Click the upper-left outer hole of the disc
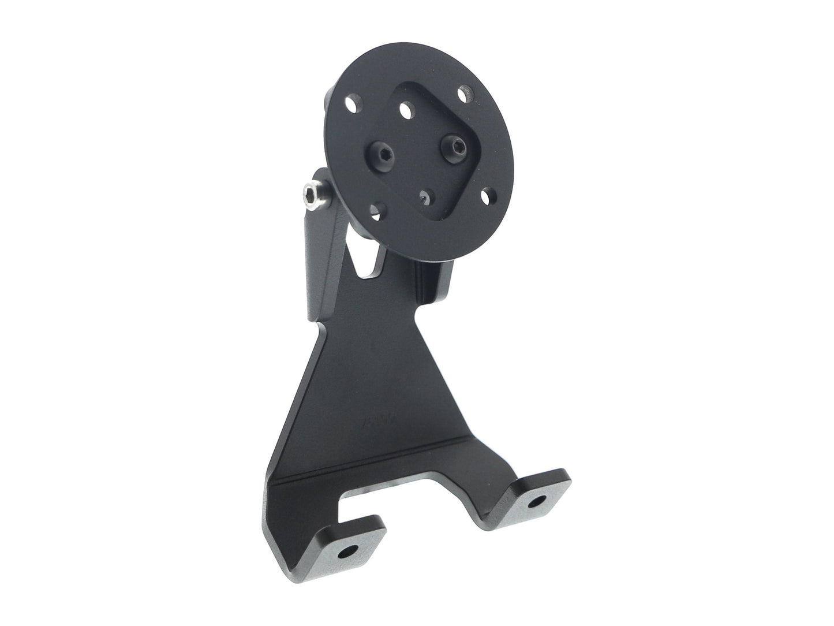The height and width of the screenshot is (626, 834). pyautogui.click(x=352, y=105)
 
